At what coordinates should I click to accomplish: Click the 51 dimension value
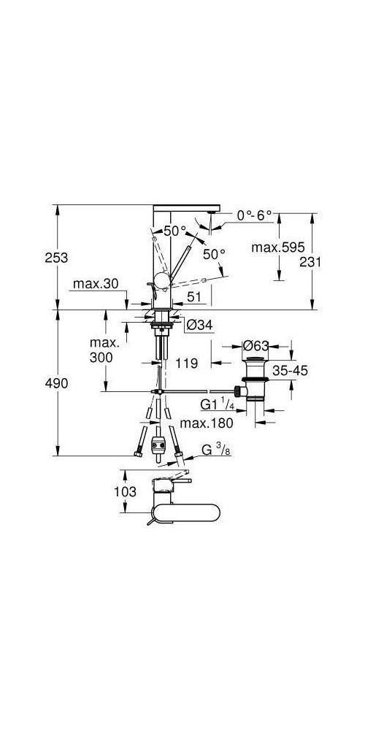click(x=195, y=296)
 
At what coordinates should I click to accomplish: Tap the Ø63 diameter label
click(x=257, y=345)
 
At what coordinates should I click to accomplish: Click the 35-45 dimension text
click(x=289, y=371)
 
